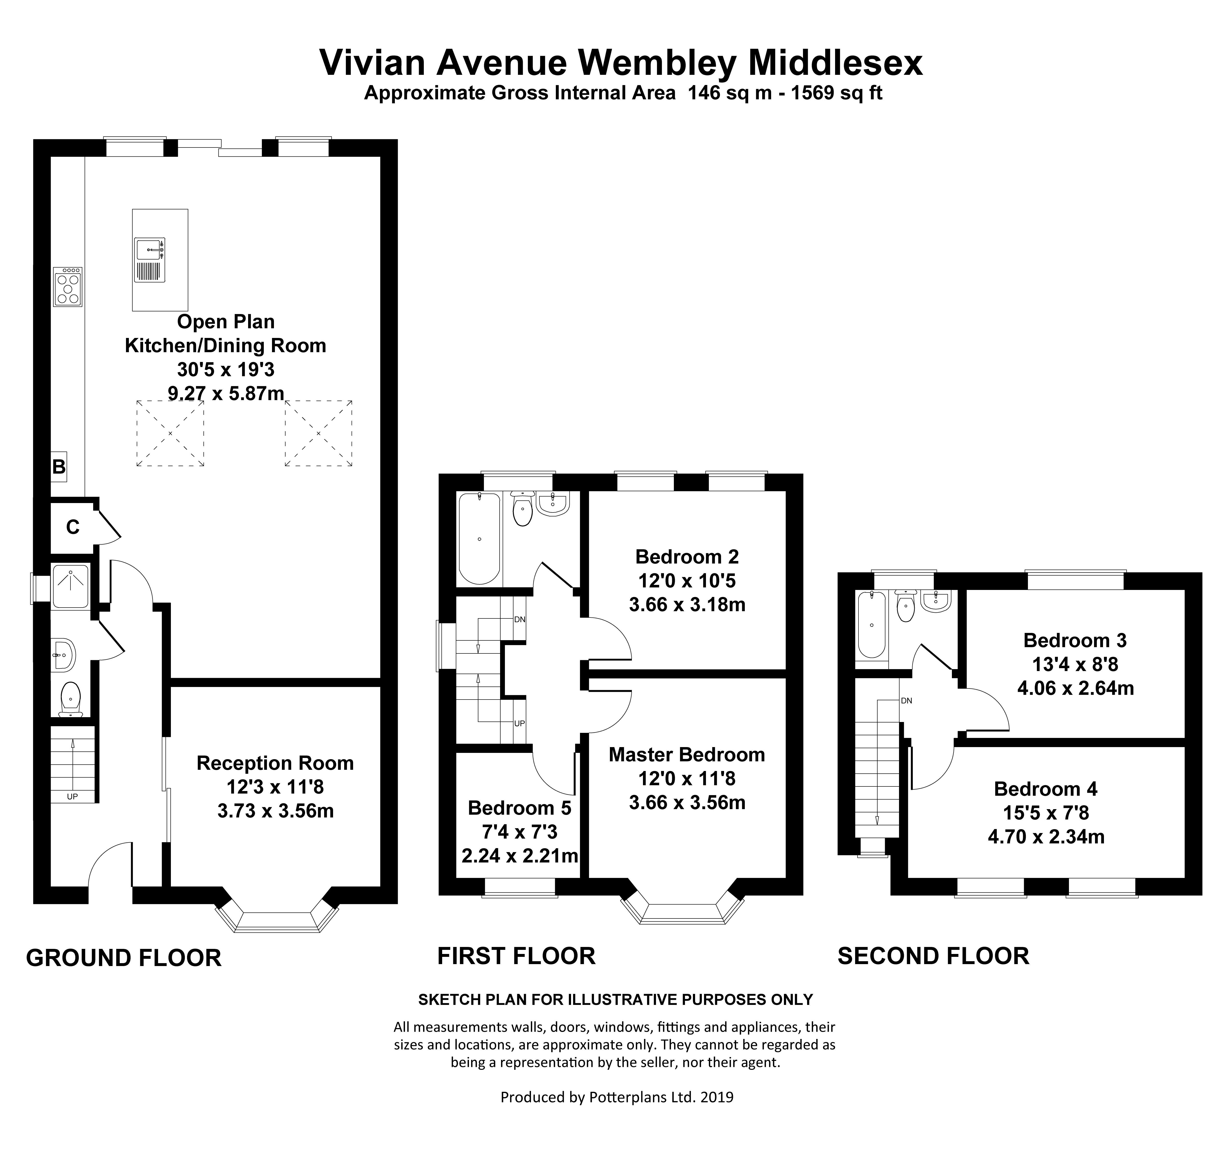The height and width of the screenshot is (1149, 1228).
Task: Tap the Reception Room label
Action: point(275,764)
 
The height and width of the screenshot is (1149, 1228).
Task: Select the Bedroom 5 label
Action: point(519,808)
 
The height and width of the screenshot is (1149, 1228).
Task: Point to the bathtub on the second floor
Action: point(871,624)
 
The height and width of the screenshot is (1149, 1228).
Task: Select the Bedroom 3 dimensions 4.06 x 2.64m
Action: point(1075,688)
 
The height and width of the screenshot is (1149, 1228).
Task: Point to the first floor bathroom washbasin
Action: point(552,504)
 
